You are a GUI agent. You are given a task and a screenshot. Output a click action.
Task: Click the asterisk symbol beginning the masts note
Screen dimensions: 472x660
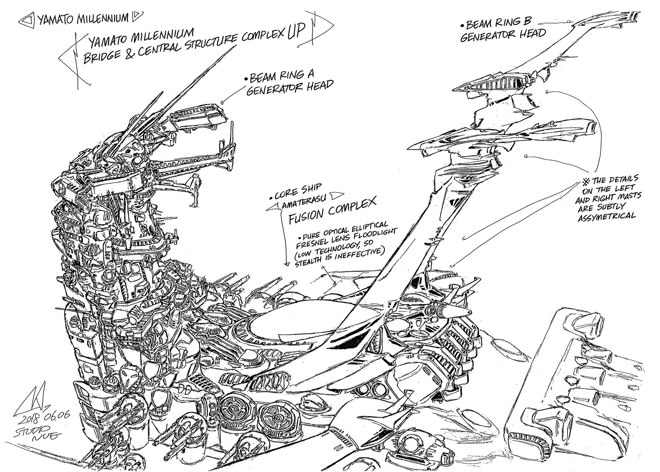(585, 180)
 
